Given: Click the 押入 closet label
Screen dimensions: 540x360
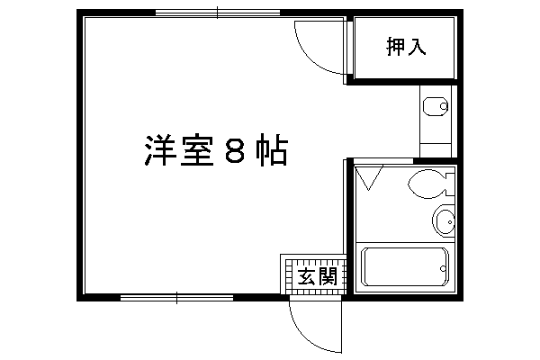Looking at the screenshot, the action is tap(406, 46).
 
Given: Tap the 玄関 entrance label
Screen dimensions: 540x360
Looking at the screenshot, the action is tap(317, 276).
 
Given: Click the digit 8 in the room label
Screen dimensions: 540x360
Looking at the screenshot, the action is tap(235, 150).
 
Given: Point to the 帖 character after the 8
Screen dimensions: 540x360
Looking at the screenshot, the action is tap(271, 150).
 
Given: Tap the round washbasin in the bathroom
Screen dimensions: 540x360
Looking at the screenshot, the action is tap(444, 220).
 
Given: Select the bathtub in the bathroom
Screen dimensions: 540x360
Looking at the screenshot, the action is tap(405, 266).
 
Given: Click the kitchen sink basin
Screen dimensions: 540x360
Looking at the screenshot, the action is tap(436, 106).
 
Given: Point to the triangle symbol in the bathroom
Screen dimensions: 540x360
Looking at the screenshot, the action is tap(369, 178).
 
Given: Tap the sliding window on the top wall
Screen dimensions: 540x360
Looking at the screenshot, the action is tap(218, 13).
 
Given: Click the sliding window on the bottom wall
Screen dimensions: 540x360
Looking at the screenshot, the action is tap(176, 298).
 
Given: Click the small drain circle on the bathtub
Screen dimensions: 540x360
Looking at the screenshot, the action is tap(443, 268).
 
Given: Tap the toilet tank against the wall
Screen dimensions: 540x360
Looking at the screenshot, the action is tap(450, 184).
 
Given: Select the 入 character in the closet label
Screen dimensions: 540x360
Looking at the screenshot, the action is tap(417, 46).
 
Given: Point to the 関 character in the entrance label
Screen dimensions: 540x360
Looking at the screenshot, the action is tap(328, 276).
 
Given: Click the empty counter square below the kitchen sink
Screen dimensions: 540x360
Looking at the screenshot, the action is tap(436, 150).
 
